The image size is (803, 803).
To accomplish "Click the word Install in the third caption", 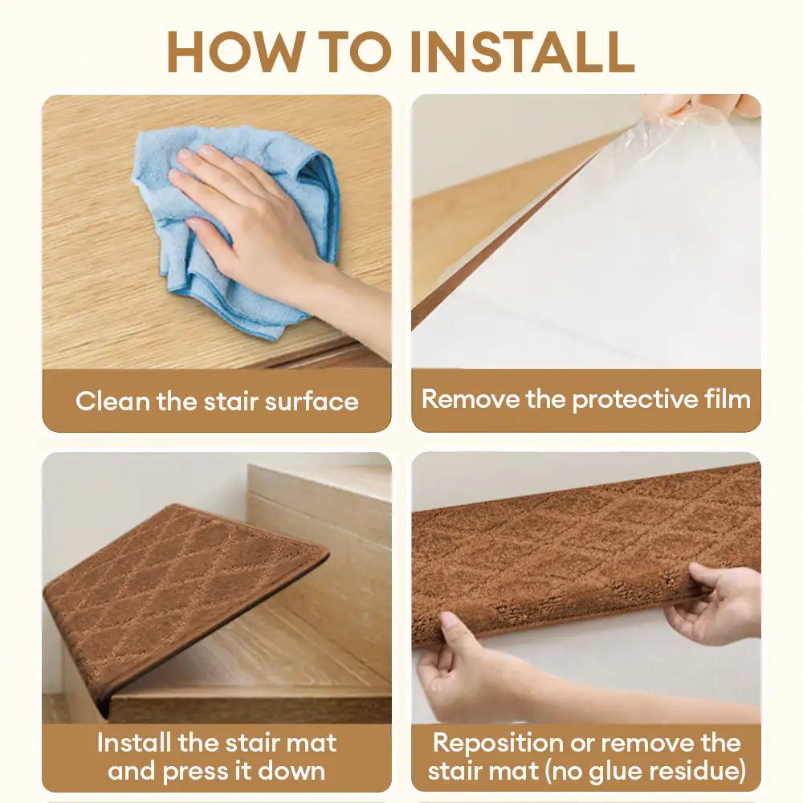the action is [x=134, y=743].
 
